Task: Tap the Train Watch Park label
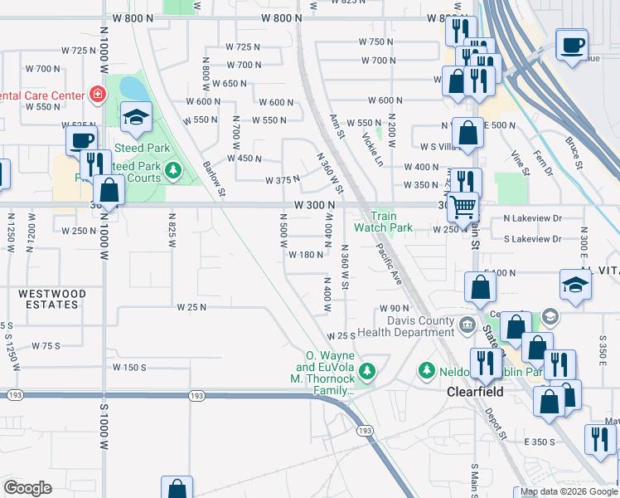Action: click(383, 222)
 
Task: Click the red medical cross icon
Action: click(98, 95)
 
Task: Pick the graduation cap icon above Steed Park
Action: click(136, 119)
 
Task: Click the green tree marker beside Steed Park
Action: click(172, 172)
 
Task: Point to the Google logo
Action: click(27, 488)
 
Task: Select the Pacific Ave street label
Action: click(388, 264)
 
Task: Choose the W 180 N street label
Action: click(305, 255)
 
